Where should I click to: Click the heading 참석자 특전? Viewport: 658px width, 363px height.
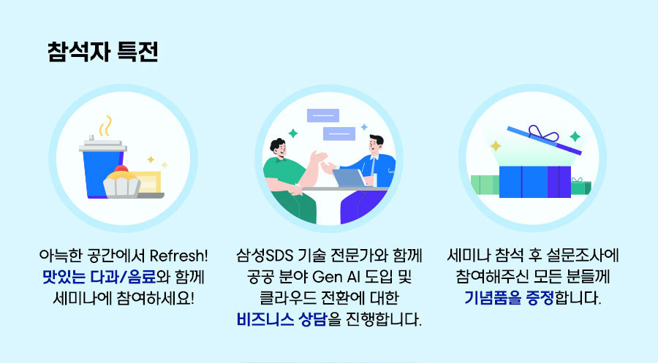pos(103,52)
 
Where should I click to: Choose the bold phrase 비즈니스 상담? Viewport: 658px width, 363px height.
pos(281,319)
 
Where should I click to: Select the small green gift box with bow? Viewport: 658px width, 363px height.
pos(578,187)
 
